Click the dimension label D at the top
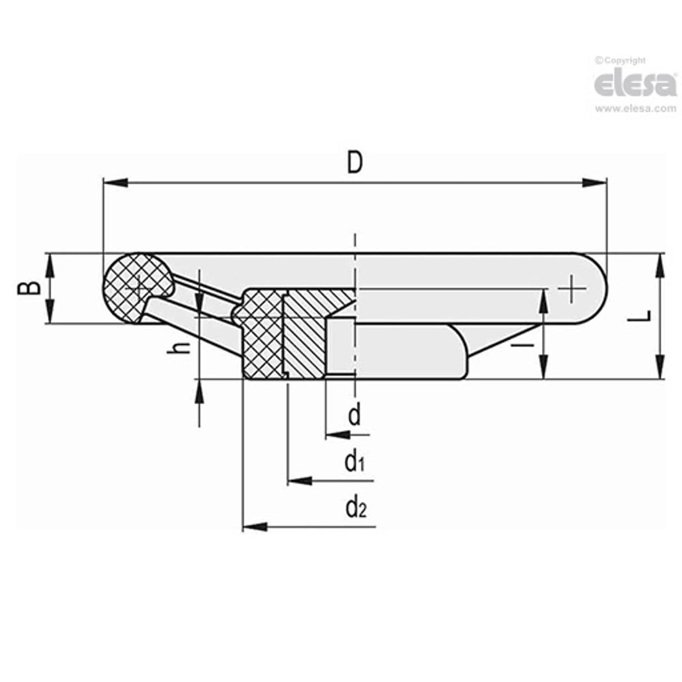pos(354,163)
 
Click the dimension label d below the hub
pos(354,416)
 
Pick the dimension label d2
pos(356,508)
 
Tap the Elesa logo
pos(635,85)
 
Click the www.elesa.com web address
pos(635,109)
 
